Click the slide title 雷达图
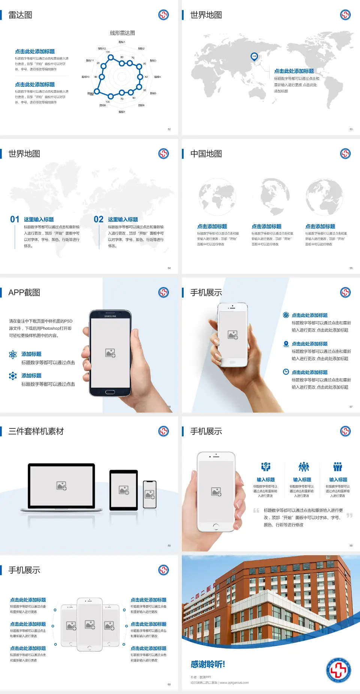click(x=20, y=15)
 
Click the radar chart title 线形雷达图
click(x=122, y=33)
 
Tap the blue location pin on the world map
click(x=254, y=57)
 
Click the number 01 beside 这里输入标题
click(x=15, y=219)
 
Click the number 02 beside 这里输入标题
click(x=99, y=219)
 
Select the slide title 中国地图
click(x=206, y=154)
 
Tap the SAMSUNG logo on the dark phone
click(x=110, y=316)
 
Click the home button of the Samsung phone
click(x=110, y=392)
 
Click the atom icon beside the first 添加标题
click(x=13, y=355)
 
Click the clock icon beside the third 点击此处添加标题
click(x=286, y=372)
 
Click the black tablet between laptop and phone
click(x=124, y=490)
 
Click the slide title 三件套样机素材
click(x=36, y=431)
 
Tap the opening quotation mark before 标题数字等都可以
click(x=256, y=511)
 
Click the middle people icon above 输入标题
click(x=303, y=467)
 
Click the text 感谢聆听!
click(x=208, y=664)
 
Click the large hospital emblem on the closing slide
click(x=338, y=670)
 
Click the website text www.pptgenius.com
click(x=234, y=683)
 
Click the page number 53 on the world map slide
click(x=351, y=129)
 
